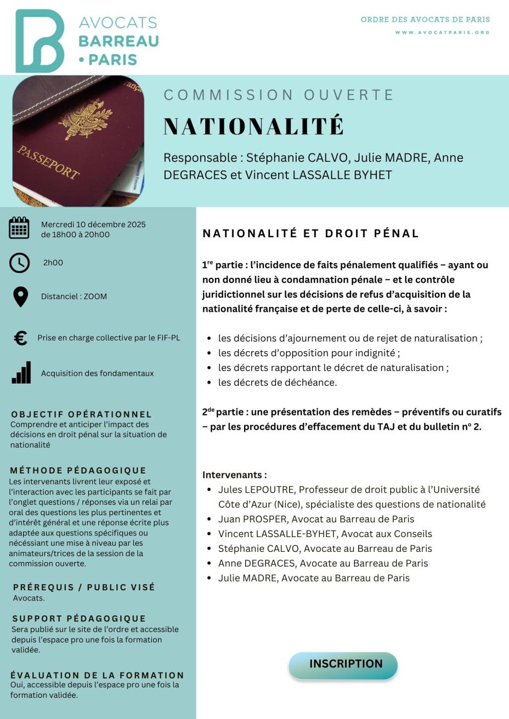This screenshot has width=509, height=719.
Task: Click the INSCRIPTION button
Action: [x=343, y=665]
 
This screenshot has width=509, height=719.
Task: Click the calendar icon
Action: [x=19, y=228]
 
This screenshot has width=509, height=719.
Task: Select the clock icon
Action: [x=20, y=263]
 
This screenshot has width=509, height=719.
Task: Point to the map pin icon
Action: [x=20, y=296]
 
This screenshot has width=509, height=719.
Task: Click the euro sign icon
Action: [x=20, y=338]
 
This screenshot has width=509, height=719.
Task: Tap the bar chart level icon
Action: [x=21, y=373]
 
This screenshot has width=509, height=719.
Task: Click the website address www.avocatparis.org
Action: [x=442, y=32]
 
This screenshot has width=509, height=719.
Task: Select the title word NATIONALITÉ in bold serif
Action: [x=253, y=126]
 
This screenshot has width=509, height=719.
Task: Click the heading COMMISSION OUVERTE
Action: [x=279, y=95]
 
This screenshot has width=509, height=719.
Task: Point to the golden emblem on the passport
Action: [x=85, y=118]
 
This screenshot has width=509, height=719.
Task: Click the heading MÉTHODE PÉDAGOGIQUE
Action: [x=78, y=470]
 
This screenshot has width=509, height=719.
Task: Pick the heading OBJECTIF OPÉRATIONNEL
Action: [x=81, y=414]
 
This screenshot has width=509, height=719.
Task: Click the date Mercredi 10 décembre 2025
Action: [x=93, y=224]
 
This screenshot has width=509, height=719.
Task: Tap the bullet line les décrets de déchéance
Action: [x=278, y=383]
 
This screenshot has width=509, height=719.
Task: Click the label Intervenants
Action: [x=234, y=475]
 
